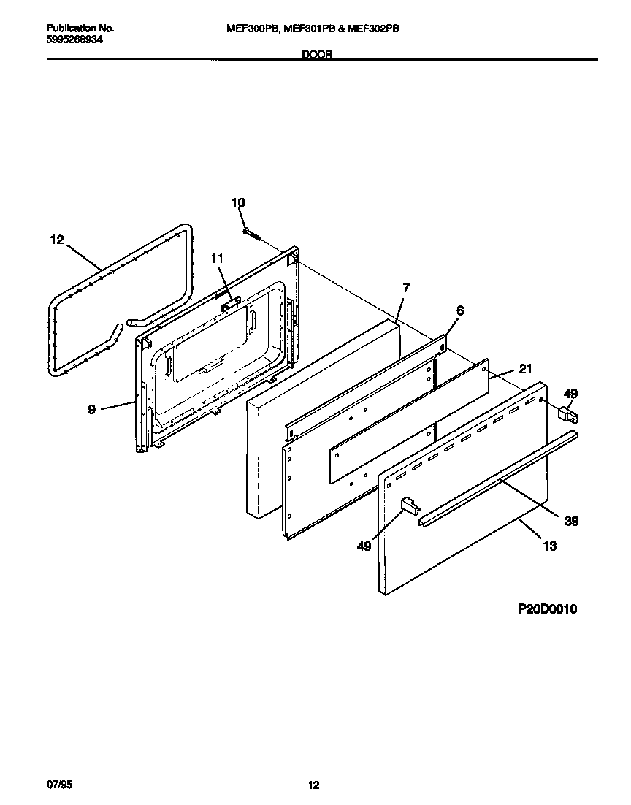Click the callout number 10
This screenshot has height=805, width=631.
[238, 202]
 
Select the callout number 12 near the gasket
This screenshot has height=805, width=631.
[58, 239]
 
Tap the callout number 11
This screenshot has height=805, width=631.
[218, 257]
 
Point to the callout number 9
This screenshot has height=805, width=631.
[92, 410]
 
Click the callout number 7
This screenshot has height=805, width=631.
[406, 288]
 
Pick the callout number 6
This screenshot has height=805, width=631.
[459, 310]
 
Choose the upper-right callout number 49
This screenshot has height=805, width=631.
[570, 394]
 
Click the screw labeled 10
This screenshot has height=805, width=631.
[253, 233]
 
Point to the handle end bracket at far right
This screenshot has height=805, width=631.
[568, 416]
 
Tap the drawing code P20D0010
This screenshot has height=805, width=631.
[547, 609]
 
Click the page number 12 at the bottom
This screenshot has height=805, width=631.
[313, 785]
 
